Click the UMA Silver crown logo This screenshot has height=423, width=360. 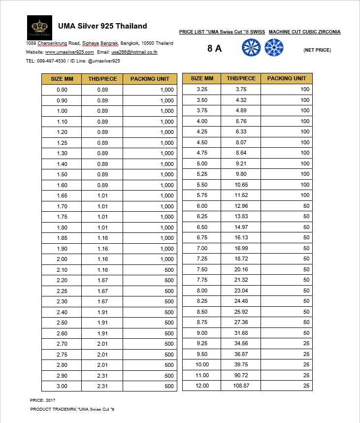coord(39,27)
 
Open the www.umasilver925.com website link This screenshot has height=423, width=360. coord(69,52)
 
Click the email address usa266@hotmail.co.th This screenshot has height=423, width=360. coord(134,52)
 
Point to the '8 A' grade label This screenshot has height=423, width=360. coord(215,48)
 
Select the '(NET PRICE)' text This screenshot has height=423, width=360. coord(317,50)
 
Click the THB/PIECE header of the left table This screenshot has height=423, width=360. coord(102,79)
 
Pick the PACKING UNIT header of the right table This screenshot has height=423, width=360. coord(287,78)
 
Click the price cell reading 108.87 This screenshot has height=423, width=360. coord(241,386)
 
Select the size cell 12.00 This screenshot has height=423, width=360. coord(202,386)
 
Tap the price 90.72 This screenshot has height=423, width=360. coord(241,375)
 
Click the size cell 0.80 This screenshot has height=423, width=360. coord(62,90)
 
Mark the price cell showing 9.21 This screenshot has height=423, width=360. coord(241,163)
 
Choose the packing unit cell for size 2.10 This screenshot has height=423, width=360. coord(150,270)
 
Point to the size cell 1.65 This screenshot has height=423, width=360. coord(62,195)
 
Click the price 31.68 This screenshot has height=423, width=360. coord(241,333)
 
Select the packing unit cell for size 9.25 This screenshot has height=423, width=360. coord(287,343)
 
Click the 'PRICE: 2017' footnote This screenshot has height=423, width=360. coord(43,400)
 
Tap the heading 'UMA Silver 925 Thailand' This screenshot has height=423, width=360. coord(102,26)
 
